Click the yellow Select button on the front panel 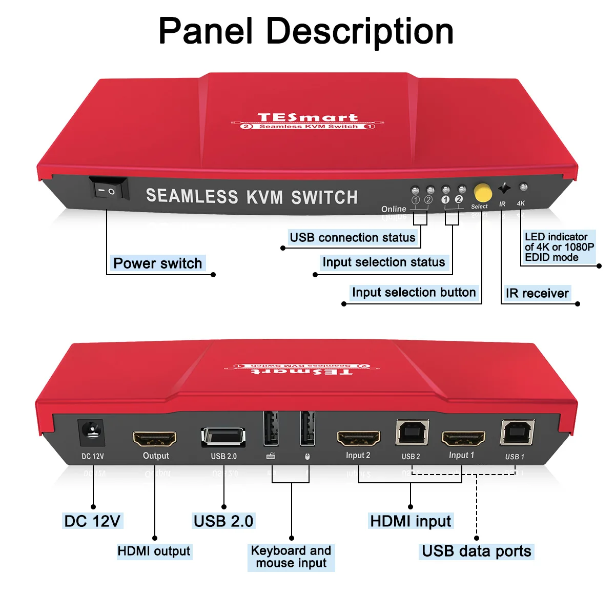(x=483, y=193)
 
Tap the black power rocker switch (x=109, y=189)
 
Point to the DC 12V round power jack (x=92, y=433)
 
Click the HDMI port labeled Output (x=155, y=439)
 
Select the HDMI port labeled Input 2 (x=359, y=438)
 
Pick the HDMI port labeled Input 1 (x=463, y=439)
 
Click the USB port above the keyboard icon (x=271, y=428)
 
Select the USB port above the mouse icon (x=307, y=428)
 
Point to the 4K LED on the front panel (x=523, y=188)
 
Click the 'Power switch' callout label (x=158, y=263)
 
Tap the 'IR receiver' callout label (x=537, y=293)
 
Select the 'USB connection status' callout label (x=353, y=238)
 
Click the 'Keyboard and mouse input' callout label (x=291, y=557)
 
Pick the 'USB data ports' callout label (x=476, y=551)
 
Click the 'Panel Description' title (x=306, y=31)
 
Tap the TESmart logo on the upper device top (x=307, y=118)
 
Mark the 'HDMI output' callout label (x=154, y=551)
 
